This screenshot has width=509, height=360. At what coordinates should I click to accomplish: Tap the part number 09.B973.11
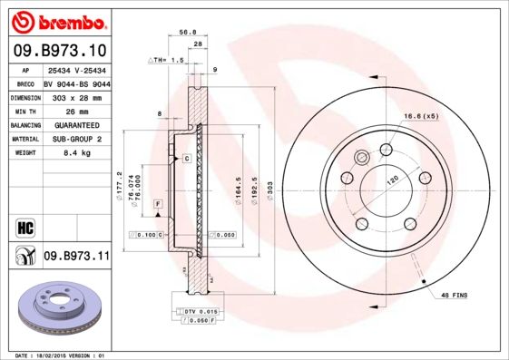pyautogui.click(x=75, y=257)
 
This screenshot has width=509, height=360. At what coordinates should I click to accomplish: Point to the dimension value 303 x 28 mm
pyautogui.click(x=75, y=96)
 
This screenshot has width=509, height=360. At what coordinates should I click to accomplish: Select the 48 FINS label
pyautogui.click(x=454, y=297)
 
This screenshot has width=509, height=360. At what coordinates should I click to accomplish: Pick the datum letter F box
pyautogui.click(x=158, y=207)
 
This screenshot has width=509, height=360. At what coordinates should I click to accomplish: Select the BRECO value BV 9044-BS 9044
pyautogui.click(x=75, y=82)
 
